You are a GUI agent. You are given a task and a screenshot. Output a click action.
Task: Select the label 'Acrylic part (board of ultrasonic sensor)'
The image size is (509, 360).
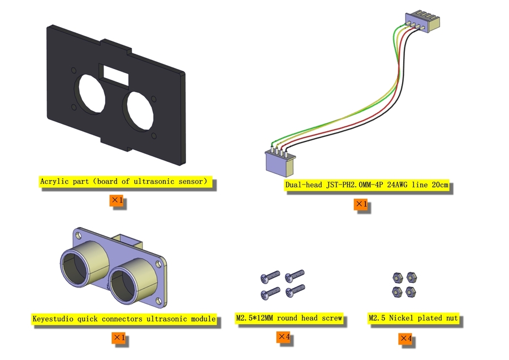pos(127,182)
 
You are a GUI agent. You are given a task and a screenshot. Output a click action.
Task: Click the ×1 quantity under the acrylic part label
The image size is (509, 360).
pos(117,200)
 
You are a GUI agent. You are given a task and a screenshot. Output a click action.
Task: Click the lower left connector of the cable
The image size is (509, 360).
pos(279,163)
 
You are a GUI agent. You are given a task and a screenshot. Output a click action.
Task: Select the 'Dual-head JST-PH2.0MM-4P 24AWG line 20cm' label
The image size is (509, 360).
pos(367,185)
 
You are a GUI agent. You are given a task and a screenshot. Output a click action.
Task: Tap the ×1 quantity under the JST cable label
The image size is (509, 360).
pos(361,204)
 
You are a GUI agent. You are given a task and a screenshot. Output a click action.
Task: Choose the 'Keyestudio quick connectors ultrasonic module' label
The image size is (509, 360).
pos(124,319)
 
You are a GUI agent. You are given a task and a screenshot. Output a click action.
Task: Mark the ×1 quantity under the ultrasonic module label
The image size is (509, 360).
pos(119,338)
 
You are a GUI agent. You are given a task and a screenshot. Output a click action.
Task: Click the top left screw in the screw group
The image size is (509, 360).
pos(270,277)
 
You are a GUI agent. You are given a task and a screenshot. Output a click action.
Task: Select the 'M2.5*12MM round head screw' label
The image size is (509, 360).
pos(290,319)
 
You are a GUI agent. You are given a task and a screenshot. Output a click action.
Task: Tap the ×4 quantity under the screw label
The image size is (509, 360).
pos(284,337)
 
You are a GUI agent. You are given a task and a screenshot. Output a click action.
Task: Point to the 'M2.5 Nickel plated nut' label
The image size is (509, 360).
pos(413,319)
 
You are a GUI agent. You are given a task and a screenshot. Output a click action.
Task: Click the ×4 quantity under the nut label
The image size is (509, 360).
pos(406,338)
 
